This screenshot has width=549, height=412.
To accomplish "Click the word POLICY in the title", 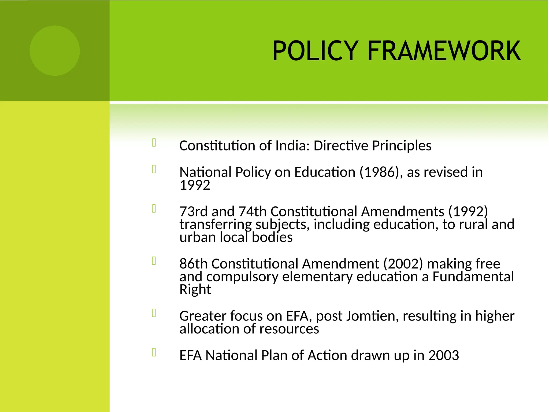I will pyautogui.click(x=315, y=51).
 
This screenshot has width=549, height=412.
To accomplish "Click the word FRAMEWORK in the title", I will pyautogui.click(x=444, y=51).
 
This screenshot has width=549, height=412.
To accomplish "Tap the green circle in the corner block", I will pyautogui.click(x=55, y=51).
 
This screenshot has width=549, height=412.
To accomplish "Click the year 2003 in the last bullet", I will pyautogui.click(x=444, y=355).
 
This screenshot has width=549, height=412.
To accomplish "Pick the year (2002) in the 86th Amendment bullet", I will pyautogui.click(x=403, y=264).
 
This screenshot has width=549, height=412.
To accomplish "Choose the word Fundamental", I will pyautogui.click(x=473, y=277).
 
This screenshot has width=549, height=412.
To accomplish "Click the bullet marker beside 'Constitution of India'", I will pyautogui.click(x=154, y=142).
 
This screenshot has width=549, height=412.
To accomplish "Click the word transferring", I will pyautogui.click(x=216, y=225).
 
